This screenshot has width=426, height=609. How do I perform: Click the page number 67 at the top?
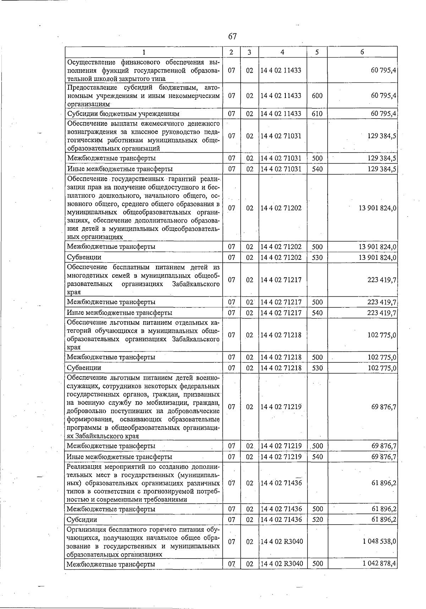tap(233, 37)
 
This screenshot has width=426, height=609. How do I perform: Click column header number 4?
tap(282, 52)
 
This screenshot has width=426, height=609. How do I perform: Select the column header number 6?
tap(362, 52)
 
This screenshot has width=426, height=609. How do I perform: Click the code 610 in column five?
tap(317, 114)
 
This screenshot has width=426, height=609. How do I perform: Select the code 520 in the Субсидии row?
tap(317, 520)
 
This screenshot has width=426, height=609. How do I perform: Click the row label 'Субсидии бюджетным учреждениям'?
tap(123, 114)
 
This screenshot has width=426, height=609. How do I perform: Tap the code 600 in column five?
tap(317, 96)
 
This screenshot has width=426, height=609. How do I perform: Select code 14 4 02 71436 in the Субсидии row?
tap(281, 520)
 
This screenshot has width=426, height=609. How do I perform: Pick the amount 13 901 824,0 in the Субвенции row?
tap(377, 257)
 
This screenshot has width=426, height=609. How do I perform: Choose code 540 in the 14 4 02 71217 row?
tap(317, 313)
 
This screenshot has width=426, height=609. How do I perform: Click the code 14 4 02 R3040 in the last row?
tap(282, 564)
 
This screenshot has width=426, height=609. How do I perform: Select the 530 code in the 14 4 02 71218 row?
tap(317, 368)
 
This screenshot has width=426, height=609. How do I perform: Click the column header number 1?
tap(143, 52)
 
